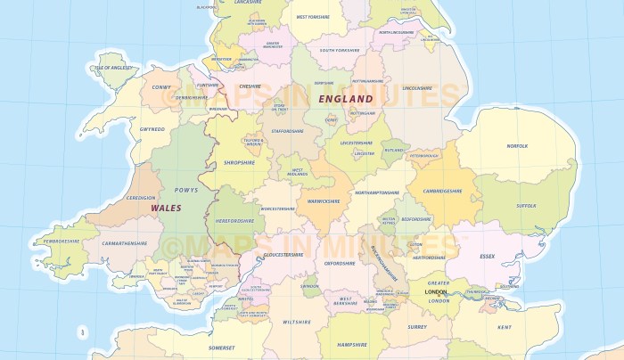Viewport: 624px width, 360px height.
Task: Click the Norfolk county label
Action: tap(517, 145)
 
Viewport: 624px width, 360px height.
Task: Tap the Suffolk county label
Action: tap(526, 206)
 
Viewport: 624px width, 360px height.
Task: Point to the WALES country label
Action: tap(166, 208)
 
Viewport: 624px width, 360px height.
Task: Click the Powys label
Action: tap(185, 190)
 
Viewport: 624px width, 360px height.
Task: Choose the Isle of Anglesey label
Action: tap(113, 68)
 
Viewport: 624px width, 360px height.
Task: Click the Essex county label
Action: tap(487, 257)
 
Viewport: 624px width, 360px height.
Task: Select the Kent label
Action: tap(505, 327)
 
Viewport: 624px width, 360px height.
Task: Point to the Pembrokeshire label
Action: tap(55, 241)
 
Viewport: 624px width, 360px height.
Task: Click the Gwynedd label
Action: tap(152, 129)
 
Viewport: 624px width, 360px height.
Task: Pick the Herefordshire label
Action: tap(236, 221)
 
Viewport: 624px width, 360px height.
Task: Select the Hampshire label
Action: tap(353, 344)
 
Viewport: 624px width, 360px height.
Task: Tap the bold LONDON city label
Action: tap(436, 292)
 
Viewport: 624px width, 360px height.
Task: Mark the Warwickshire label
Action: tap(324, 201)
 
